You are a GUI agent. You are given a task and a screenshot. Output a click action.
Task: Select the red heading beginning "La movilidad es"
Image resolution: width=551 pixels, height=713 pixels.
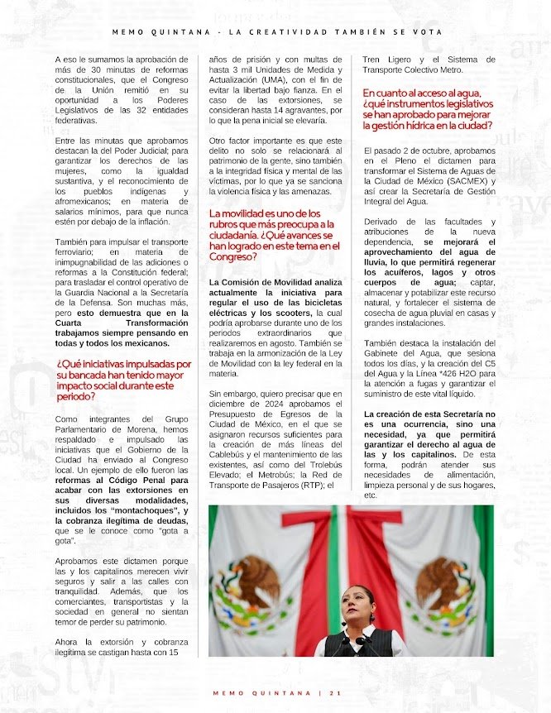click(274, 235)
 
